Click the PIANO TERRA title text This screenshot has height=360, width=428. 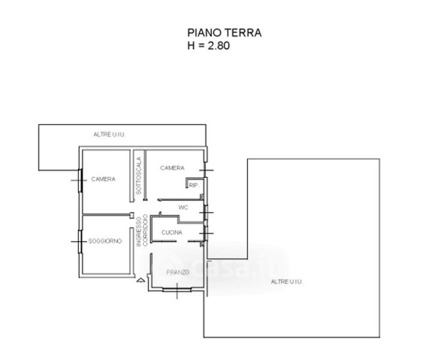[x=224, y=33]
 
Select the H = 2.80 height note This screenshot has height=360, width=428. [x=209, y=46]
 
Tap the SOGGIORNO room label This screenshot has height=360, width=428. [x=105, y=241]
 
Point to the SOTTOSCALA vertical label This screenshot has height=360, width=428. [x=138, y=176]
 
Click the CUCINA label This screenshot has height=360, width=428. [x=171, y=232]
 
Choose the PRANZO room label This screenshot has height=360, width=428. [x=177, y=272]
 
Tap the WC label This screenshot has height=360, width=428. [x=183, y=208]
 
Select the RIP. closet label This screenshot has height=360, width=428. [x=194, y=185]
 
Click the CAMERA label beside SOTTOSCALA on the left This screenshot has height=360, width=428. [x=104, y=179]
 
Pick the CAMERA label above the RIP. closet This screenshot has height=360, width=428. [x=172, y=168]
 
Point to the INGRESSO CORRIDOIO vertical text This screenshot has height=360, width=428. [x=142, y=230]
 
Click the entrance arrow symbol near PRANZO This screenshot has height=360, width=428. [x=141, y=280]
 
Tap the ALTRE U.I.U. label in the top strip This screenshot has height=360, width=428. [x=109, y=134]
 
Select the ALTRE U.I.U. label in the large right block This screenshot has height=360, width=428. [x=287, y=281]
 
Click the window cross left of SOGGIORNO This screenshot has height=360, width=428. [x=79, y=242]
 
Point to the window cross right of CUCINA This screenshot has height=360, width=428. [x=206, y=233]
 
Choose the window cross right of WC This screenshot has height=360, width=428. [x=206, y=212]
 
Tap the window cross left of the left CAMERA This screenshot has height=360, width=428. [x=79, y=181]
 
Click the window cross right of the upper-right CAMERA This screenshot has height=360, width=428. [x=206, y=170]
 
